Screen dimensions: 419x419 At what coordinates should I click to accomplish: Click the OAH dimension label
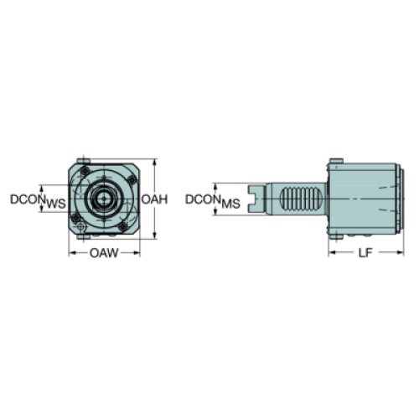(154, 199)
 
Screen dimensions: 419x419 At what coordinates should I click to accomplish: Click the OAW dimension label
(104, 253)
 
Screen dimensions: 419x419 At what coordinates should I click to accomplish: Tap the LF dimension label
(365, 253)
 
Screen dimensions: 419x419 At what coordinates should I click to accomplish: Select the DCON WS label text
(38, 201)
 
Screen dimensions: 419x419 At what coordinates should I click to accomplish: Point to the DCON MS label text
(213, 201)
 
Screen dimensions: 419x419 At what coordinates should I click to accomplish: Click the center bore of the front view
(104, 199)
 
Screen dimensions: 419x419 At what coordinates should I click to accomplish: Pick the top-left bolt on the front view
(85, 170)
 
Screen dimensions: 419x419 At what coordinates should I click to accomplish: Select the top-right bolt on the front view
(132, 180)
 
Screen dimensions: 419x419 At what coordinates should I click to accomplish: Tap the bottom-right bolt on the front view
(122, 226)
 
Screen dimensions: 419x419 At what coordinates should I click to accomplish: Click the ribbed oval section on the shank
(301, 199)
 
